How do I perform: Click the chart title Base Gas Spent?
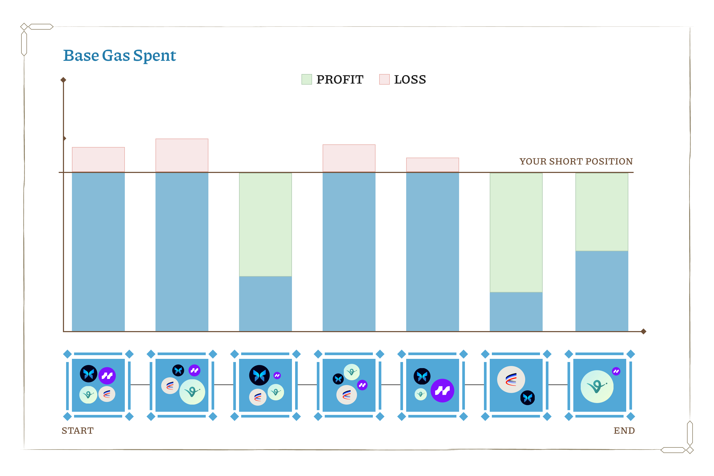119,56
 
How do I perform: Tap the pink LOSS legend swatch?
384,80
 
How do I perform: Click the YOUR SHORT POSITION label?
576,162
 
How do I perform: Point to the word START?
77,431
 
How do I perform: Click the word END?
624,431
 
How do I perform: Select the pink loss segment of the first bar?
98,160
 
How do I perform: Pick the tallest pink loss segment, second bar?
182,155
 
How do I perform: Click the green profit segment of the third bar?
265,225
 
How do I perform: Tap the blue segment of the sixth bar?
516,312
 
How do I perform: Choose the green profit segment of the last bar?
602,212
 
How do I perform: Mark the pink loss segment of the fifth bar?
433,165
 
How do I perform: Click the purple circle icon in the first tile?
107,376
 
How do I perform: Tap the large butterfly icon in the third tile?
259,376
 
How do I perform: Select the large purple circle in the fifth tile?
442,391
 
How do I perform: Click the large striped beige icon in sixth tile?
511,379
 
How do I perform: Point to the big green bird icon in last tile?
597,386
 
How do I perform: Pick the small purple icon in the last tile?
616,371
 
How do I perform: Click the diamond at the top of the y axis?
63,80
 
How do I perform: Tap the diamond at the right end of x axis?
643,332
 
